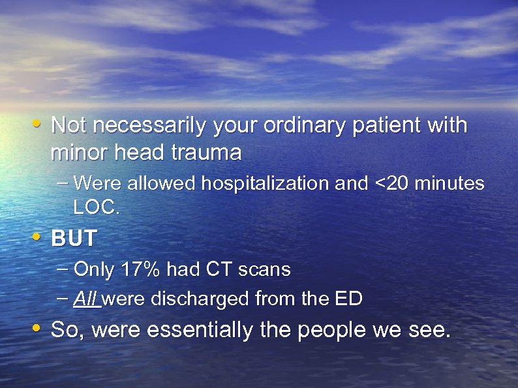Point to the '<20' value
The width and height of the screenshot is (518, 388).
point(387,184)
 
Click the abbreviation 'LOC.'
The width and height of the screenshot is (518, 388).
point(97,207)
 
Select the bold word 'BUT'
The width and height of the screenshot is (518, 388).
point(73,239)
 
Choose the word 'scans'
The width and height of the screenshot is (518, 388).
point(265,269)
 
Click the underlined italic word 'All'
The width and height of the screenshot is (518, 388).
point(85,299)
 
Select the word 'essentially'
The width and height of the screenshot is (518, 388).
point(200,330)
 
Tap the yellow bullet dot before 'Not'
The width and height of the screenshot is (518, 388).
point(38,122)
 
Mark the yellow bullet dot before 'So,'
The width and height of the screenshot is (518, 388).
point(38,327)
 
